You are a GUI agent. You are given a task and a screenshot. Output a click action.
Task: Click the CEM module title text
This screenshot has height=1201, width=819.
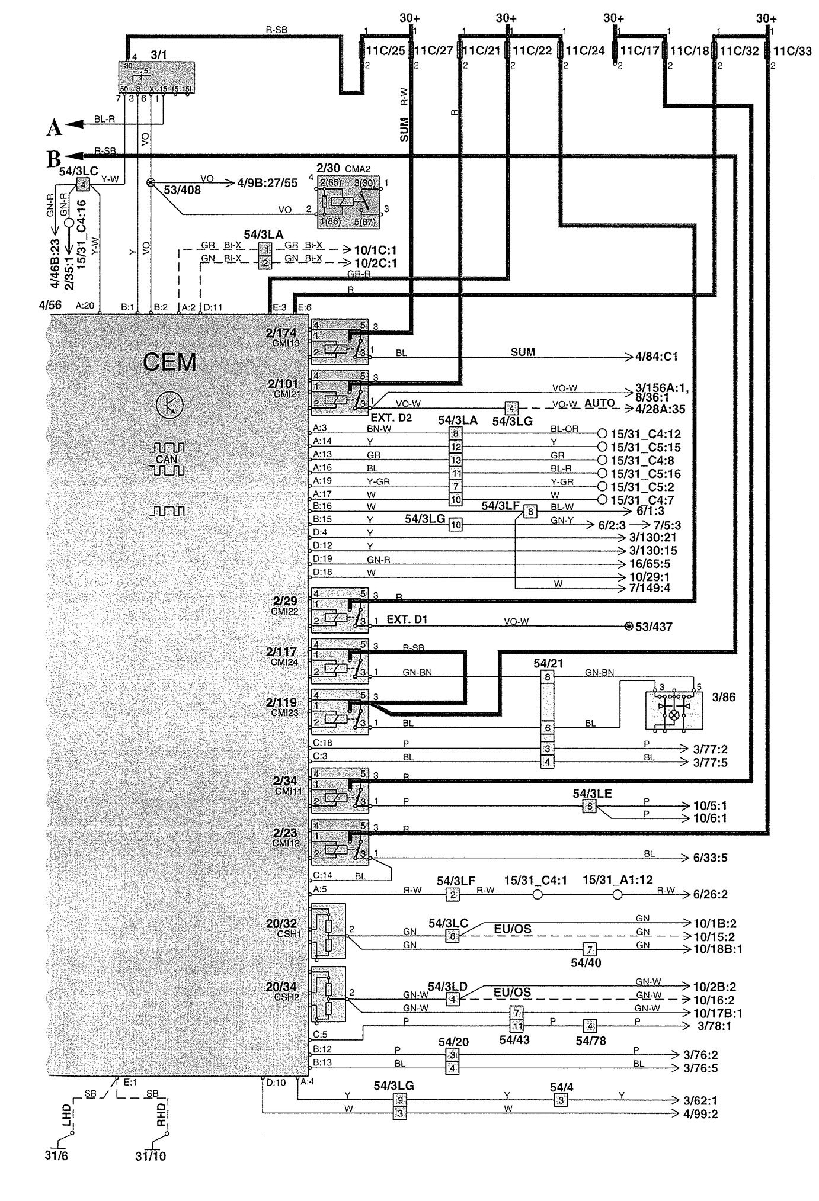169,362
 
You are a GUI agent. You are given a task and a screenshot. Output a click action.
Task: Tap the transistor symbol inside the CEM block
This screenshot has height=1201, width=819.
169,406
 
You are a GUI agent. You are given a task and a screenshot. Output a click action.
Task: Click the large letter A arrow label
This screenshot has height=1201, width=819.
55,126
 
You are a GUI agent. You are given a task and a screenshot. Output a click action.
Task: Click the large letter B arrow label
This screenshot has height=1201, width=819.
55,158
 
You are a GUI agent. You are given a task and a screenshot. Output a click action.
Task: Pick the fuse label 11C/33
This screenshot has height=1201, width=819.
792,52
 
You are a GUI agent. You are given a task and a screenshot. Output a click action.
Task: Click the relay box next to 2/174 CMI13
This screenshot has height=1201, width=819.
339,341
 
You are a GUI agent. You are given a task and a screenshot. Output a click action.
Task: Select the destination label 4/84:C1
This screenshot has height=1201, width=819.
656,357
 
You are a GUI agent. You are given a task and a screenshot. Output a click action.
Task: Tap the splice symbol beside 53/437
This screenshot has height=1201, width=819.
629,626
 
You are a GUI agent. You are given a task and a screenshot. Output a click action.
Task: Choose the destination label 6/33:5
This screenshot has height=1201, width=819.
710,858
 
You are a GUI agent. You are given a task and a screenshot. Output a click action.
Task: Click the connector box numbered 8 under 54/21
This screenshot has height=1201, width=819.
548,676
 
